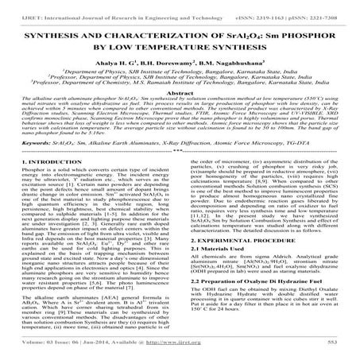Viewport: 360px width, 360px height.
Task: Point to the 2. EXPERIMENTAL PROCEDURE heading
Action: (236, 260)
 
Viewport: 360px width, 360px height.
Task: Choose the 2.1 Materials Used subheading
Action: (217, 272)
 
